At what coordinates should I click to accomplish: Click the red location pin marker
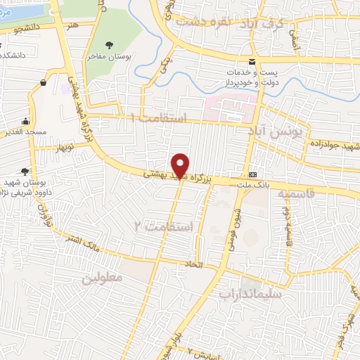click(181, 165)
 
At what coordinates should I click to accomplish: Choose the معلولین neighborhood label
click(102, 278)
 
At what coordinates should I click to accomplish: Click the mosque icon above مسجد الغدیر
click(26, 120)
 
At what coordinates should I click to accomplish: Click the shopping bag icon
click(44, 83)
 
